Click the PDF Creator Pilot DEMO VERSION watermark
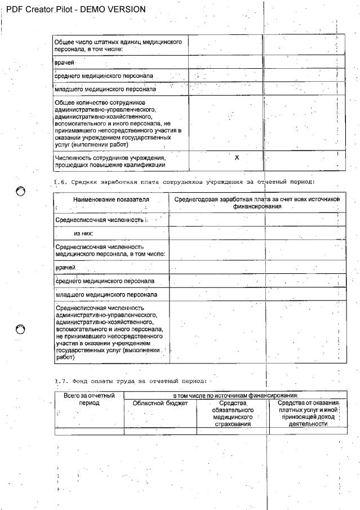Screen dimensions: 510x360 point(73,9)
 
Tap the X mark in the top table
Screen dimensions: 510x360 point(237,158)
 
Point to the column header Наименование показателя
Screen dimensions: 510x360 point(110,199)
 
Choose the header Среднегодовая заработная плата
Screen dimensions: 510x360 point(257,203)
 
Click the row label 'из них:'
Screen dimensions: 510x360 point(83,233)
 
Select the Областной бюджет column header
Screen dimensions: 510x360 point(160,403)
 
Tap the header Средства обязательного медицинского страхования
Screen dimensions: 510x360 point(233,413)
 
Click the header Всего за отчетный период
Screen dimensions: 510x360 point(89,399)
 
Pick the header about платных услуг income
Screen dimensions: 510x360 point(307,413)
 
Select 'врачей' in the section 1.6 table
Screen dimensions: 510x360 point(65,267)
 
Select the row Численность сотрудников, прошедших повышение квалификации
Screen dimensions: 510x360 point(110,161)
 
